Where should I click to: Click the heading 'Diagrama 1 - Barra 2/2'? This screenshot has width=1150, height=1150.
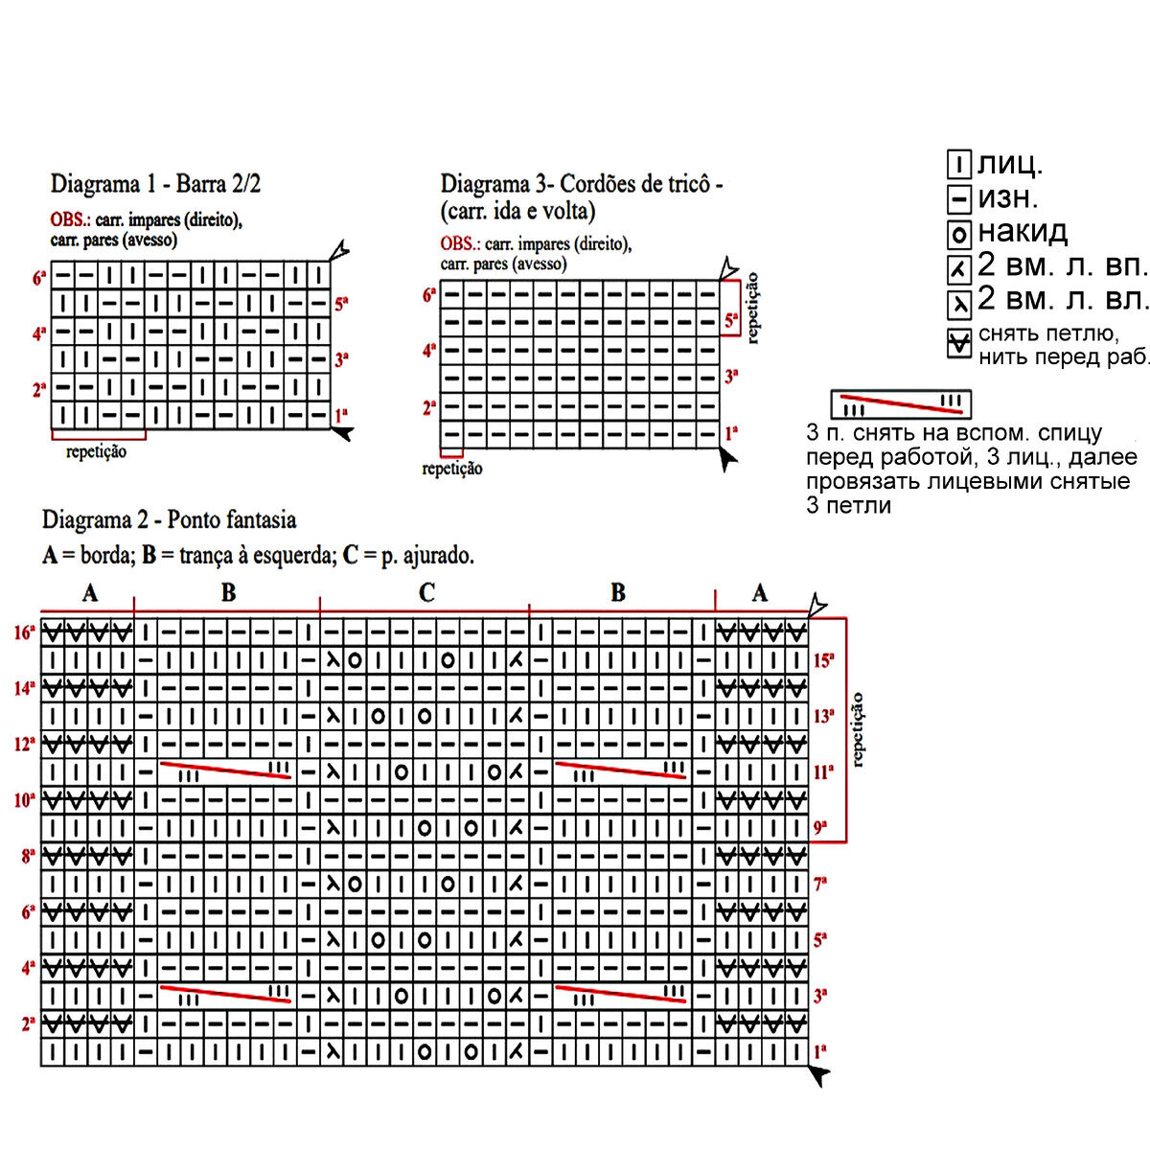pyautogui.click(x=155, y=184)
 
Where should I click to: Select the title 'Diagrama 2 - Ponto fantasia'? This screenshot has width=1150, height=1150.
pyautogui.click(x=169, y=520)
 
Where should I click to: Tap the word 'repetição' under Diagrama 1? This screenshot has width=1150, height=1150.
pyautogui.click(x=96, y=451)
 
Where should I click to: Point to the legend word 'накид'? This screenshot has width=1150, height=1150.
pyautogui.click(x=1022, y=232)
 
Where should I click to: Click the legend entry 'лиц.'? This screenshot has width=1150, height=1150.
pyautogui.click(x=1009, y=165)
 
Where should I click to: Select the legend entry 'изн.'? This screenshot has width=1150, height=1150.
pyautogui.click(x=1007, y=198)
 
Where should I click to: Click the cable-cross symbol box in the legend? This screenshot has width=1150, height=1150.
pyautogui.click(x=901, y=403)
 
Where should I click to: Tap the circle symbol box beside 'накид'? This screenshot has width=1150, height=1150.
pyautogui.click(x=959, y=234)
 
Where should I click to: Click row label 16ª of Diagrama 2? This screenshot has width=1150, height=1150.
pyautogui.click(x=25, y=632)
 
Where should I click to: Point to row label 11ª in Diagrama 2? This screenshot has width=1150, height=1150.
pyautogui.click(x=823, y=772)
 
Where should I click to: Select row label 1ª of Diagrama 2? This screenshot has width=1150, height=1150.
pyautogui.click(x=820, y=1051)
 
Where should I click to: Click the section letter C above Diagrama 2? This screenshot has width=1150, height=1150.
pyautogui.click(x=426, y=593)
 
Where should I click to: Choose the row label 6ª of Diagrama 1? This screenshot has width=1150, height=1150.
pyautogui.click(x=39, y=278)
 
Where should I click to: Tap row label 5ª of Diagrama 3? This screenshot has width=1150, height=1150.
pyautogui.click(x=731, y=322)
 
